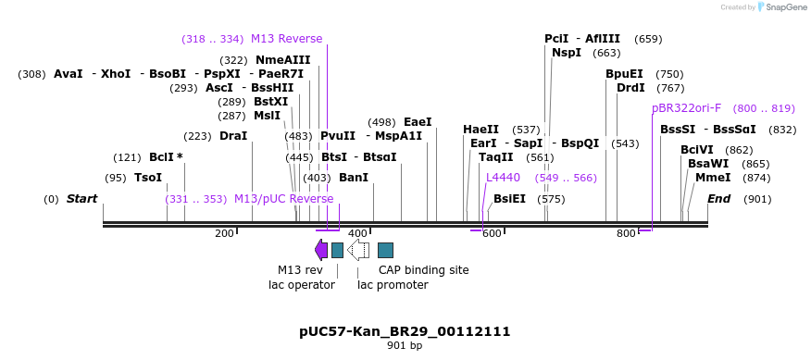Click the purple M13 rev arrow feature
(321, 250)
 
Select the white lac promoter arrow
(358, 250)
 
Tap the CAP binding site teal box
(386, 250)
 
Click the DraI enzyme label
(233, 136)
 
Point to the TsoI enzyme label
(148, 178)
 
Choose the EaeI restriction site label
(418, 122)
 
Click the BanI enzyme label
(354, 178)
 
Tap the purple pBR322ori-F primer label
(686, 108)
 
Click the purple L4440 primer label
(503, 178)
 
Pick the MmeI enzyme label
(713, 178)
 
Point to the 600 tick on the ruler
(492, 233)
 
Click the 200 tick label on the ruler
(224, 233)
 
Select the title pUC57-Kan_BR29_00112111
(405, 331)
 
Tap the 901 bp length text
(405, 346)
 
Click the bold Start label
(81, 199)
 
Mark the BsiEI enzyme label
(509, 199)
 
